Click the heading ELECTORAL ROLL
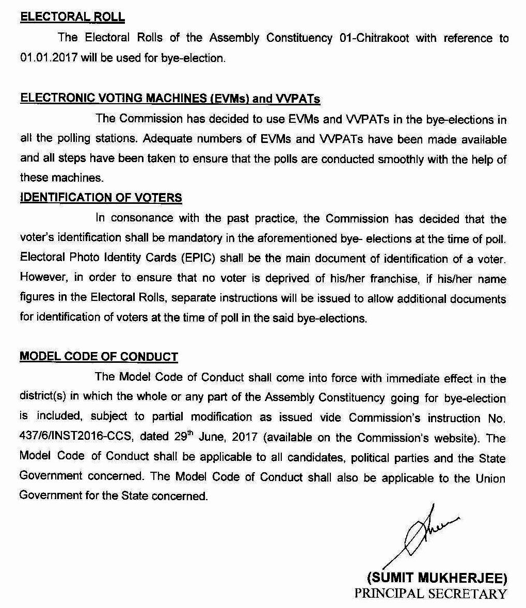72,17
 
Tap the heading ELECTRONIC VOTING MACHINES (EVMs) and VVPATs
170,99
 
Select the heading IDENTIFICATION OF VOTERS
101,198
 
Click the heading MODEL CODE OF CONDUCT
99,357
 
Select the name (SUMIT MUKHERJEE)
437,577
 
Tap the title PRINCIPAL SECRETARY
431,594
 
